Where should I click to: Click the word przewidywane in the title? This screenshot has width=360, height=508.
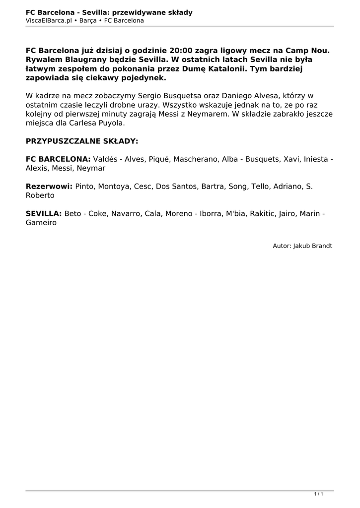tap(135, 12)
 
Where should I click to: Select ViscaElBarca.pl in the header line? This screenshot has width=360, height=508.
tap(48, 21)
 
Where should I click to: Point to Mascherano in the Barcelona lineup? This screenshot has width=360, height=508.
tap(197, 159)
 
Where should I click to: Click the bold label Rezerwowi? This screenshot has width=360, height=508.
tap(49, 187)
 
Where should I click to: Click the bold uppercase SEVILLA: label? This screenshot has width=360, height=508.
tap(44, 214)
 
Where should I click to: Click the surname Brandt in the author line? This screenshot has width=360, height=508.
tap(322, 246)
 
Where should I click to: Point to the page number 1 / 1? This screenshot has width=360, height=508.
tap(319, 494)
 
